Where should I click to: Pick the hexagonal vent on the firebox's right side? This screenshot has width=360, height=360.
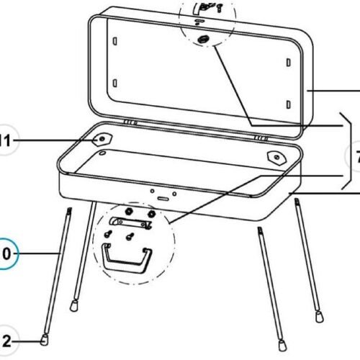click(276, 156)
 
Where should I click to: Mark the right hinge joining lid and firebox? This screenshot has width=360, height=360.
click(260, 135)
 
